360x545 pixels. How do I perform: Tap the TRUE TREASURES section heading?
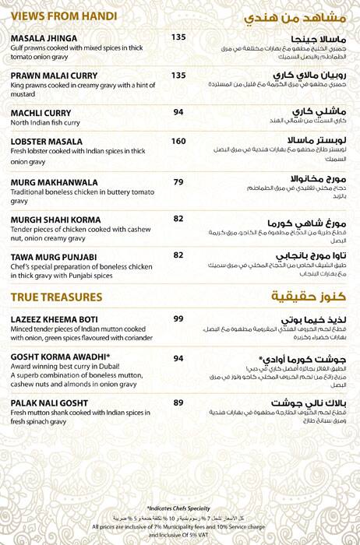pos(56,297)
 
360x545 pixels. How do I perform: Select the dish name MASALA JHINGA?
pos(44,38)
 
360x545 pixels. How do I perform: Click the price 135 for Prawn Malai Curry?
pos(178,76)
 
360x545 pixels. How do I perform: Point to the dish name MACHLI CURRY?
pos(41,113)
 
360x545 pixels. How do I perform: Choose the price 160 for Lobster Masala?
pos(178,141)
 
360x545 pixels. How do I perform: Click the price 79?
pos(178,182)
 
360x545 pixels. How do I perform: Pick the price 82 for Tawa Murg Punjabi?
pos(178,255)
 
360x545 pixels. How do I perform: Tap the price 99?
pos(178,319)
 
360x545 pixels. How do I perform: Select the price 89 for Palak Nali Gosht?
pos(178,403)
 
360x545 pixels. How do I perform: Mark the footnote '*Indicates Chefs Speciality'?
pos(180,508)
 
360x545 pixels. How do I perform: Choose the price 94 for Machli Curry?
pos(178,112)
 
